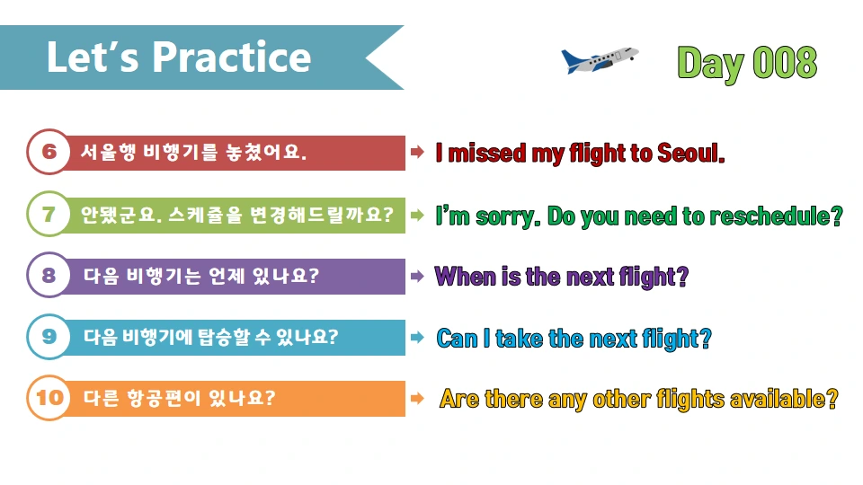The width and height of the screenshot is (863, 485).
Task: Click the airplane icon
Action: (599, 60)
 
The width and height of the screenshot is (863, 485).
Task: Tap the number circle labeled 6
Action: (49, 153)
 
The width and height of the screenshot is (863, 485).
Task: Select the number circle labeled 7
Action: (49, 215)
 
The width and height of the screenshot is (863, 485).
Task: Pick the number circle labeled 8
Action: (49, 276)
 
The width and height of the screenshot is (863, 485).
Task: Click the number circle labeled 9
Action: (49, 337)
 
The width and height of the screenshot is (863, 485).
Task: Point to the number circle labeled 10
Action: (49, 397)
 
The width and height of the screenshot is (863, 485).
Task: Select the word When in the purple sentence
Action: (466, 277)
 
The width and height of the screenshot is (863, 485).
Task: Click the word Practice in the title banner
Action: (231, 57)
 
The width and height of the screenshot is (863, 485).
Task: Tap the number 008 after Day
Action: (784, 63)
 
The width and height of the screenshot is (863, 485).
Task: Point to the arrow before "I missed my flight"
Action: (417, 153)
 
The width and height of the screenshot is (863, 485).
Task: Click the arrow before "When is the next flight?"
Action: (417, 277)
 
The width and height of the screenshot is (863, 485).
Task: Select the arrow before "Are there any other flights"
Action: (417, 398)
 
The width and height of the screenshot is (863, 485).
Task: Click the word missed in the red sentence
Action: (487, 154)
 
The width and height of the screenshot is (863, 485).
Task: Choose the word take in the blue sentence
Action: (519, 339)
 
